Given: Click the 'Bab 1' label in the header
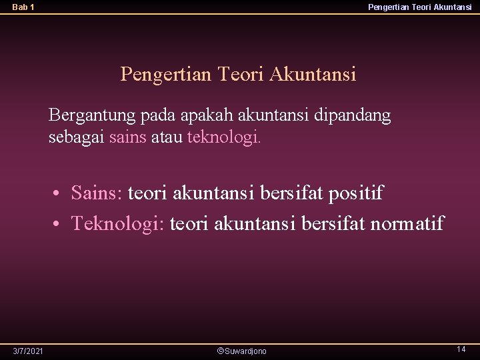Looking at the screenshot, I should [x=23, y=7].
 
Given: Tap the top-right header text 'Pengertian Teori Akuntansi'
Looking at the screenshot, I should [x=420, y=7].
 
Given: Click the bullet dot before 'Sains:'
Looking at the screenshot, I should [x=60, y=194].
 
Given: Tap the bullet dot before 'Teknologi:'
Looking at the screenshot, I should [x=60, y=223].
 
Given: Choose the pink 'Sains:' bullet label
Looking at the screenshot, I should [x=97, y=193].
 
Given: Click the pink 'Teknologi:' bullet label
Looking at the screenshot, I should [x=118, y=223].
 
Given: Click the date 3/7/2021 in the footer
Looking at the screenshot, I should [x=29, y=351].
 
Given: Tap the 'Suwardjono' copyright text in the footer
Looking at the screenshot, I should [x=243, y=351].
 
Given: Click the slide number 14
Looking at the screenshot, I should [x=461, y=349].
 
